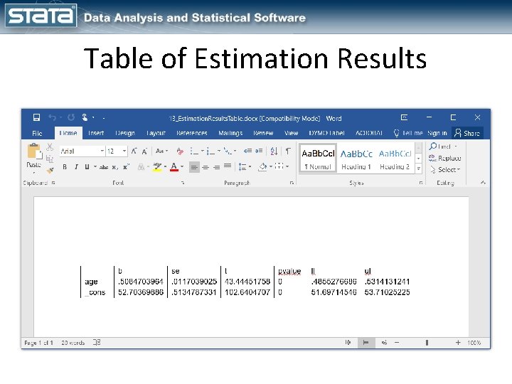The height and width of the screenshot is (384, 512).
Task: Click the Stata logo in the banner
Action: pyautogui.click(x=41, y=16)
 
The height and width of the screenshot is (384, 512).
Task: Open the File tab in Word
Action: pyautogui.click(x=37, y=133)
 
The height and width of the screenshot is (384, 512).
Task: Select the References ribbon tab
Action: pyautogui.click(x=192, y=133)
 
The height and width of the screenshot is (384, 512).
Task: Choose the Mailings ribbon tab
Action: pyautogui.click(x=230, y=133)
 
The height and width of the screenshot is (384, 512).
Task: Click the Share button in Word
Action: pyautogui.click(x=468, y=133)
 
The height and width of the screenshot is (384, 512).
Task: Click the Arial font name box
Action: pyautogui.click(x=80, y=151)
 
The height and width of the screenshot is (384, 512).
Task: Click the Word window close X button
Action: pyautogui.click(x=478, y=118)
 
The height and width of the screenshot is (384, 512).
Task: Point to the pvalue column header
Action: pyautogui.click(x=289, y=271)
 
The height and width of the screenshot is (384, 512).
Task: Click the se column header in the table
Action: pyautogui.click(x=176, y=271)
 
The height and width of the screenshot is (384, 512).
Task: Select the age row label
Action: pyautogui.click(x=91, y=282)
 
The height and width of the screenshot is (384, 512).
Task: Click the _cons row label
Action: pyautogui.click(x=94, y=292)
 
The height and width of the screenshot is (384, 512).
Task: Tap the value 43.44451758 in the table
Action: pyautogui.click(x=247, y=282)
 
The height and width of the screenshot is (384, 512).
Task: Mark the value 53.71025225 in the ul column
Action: pyautogui.click(x=387, y=292)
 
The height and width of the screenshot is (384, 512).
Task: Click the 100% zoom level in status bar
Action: pyautogui.click(x=474, y=343)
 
